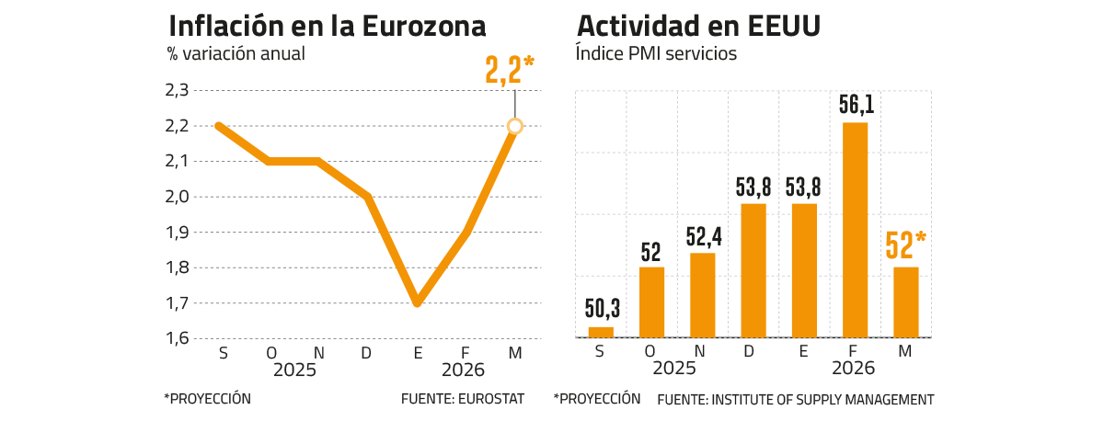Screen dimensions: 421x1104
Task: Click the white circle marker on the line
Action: pos(515,126)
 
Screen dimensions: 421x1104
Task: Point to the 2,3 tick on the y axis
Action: pos(177,90)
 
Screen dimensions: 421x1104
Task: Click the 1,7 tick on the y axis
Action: pos(177,303)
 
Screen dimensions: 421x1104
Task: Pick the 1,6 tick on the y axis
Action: pos(177,338)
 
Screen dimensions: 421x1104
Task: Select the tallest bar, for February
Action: pos(856,230)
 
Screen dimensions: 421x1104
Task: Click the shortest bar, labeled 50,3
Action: pos(601,332)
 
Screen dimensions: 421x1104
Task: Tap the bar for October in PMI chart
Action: pos(651,302)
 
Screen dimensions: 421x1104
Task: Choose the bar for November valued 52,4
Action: pos(703,295)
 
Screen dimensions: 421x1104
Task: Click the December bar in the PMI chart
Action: pos(753,270)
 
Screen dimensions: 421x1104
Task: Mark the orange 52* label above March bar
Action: pos(905,245)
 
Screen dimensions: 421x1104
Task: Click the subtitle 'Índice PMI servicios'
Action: pos(656,53)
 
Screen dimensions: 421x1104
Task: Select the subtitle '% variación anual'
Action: pos(236,53)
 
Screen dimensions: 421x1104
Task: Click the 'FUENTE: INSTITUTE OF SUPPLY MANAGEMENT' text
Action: pos(795,399)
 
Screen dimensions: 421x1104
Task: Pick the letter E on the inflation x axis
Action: pos(418,353)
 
